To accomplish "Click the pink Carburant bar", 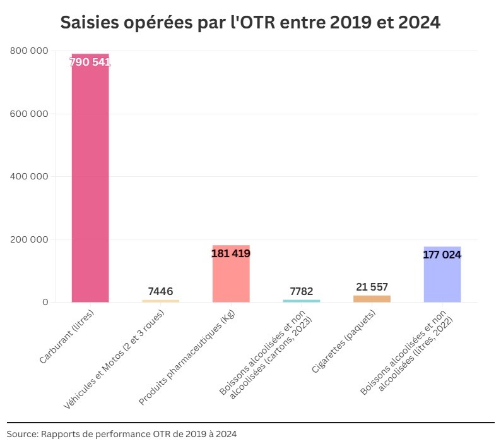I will click(x=90, y=183).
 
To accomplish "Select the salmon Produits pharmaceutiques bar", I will click(x=231, y=278).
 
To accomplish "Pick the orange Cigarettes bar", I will click(x=372, y=298).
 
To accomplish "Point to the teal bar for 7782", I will click(x=302, y=301).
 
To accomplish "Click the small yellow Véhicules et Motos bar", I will click(x=160, y=301).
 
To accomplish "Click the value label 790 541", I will click(x=90, y=62).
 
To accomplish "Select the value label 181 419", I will click(x=231, y=253).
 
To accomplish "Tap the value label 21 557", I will click(x=372, y=287).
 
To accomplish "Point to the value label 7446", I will click(x=160, y=291).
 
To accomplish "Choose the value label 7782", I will click(x=302, y=291).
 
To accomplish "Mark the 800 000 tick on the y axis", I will click(x=30, y=51).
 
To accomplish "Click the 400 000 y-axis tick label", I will click(x=30, y=176).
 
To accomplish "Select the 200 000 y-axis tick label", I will click(x=30, y=239).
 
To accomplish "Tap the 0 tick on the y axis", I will click(x=45, y=302).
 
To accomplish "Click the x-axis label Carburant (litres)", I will click(x=67, y=335).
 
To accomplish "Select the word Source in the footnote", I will click(x=21, y=434).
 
